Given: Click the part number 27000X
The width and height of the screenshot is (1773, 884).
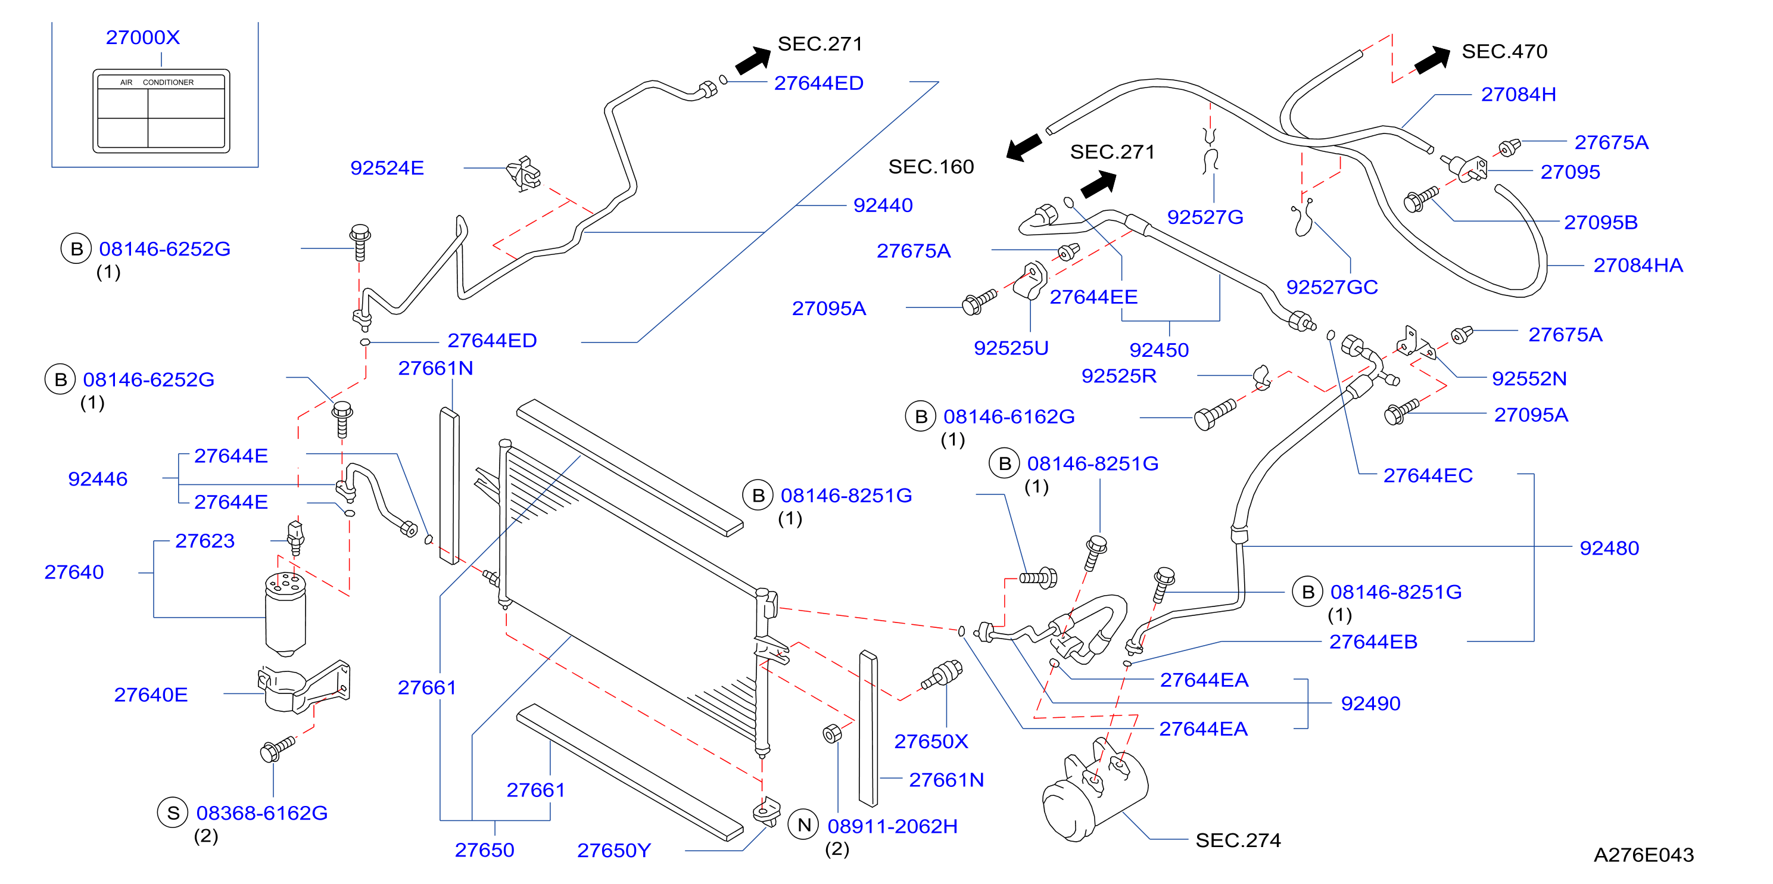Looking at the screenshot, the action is coord(142,37).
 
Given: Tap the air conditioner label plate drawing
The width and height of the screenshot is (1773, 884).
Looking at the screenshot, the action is coord(161,111).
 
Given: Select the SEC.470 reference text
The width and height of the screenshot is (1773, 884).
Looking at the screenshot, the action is coord(1504,51).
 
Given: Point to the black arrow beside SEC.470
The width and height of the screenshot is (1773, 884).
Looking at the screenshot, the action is coord(1432,61).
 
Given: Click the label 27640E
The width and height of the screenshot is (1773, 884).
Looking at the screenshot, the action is coord(151,695).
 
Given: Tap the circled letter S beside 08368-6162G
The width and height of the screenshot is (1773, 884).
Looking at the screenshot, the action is coord(173,813).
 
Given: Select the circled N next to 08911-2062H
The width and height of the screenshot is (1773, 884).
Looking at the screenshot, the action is coord(804,825).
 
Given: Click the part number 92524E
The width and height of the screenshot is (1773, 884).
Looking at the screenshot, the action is coord(387,168).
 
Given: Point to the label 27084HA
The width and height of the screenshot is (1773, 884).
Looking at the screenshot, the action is coord(1638,265).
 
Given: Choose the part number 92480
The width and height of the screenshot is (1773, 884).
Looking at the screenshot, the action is coord(1609,548).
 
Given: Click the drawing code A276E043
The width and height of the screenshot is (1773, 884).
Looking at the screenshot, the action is coord(1644,855).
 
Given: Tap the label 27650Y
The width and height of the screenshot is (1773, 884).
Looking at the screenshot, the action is coord(614,851).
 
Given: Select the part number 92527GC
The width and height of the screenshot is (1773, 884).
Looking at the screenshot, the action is coord(1332,287).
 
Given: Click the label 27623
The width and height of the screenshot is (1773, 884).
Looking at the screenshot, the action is coord(204,541).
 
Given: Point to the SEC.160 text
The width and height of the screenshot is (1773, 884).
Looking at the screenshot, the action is coord(931,167).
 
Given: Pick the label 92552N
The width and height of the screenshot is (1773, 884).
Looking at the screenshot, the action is coord(1529,379).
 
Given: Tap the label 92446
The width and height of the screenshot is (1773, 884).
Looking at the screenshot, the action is coord(98,479).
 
